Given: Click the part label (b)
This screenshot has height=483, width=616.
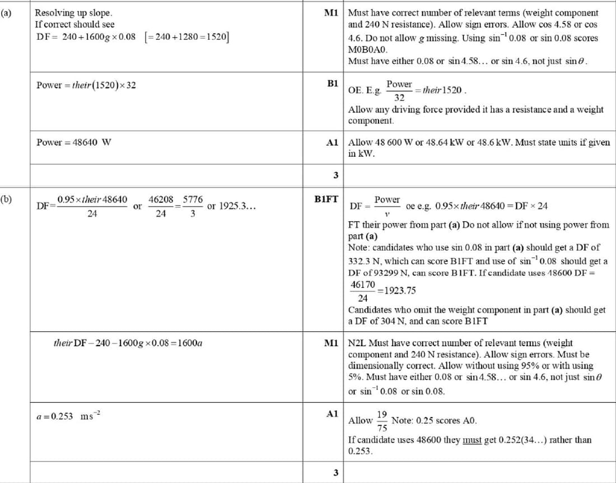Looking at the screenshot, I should [7, 198].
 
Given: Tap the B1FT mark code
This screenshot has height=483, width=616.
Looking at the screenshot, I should [326, 198].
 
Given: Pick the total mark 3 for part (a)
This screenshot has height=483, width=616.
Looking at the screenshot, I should [335, 175].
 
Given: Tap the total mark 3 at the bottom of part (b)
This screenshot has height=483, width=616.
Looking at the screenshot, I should [335, 472].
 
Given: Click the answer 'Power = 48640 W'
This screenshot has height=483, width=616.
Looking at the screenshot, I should [73, 142].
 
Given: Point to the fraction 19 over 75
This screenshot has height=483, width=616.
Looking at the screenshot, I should [382, 420].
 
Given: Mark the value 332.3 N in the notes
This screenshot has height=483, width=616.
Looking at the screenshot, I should [364, 261].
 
